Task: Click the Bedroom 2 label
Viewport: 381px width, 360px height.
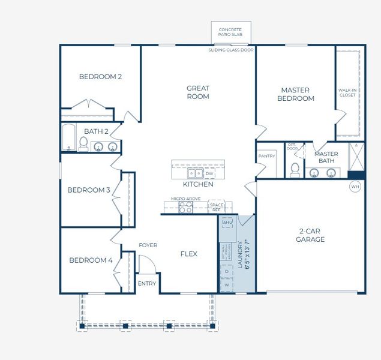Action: (x=100, y=77)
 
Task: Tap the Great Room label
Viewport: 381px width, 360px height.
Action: (x=197, y=92)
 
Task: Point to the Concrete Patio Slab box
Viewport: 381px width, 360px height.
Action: (x=230, y=32)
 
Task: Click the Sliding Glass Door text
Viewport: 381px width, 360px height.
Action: (x=230, y=50)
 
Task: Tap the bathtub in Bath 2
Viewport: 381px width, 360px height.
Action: (x=68, y=137)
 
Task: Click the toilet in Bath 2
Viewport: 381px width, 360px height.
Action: (x=83, y=144)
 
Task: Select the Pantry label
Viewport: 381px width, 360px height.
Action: (x=266, y=156)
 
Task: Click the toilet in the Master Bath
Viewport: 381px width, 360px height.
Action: (x=295, y=170)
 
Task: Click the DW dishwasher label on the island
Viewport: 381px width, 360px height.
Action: (x=209, y=173)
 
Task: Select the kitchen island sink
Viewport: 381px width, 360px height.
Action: (x=195, y=173)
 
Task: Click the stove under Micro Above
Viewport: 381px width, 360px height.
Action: (x=185, y=207)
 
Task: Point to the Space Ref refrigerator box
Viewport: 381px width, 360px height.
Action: (x=216, y=207)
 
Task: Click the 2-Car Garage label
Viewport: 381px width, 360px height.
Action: (x=310, y=235)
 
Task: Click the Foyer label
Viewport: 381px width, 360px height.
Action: (x=148, y=245)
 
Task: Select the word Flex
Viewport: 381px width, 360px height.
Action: (x=189, y=254)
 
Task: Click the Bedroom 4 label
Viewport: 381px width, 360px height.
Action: (x=91, y=260)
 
